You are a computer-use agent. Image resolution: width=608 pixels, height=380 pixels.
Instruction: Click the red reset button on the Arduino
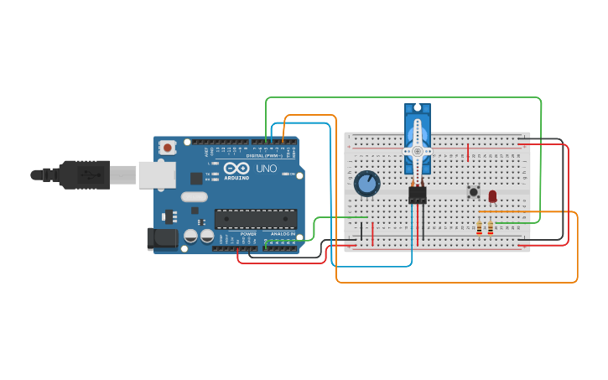point(168,148)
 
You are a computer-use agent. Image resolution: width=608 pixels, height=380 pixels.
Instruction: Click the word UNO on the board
point(266,169)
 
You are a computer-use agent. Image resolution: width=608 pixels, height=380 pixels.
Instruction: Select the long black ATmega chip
point(255,219)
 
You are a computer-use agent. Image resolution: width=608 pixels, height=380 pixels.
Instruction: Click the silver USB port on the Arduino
point(157,174)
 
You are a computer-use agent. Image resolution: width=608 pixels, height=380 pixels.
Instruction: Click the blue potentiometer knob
point(366,183)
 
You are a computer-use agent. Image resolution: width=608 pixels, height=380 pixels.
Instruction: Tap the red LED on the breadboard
point(492,195)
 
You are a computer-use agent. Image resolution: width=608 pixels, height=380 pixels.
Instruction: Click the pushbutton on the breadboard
point(473,192)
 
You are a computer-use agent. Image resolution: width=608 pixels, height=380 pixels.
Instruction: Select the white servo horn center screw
point(417,151)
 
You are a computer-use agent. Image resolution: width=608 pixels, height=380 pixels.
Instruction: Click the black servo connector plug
point(417,195)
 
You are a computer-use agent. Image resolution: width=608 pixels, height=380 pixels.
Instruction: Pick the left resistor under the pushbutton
point(479,227)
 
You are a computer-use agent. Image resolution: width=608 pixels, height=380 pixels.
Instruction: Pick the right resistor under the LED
point(491,227)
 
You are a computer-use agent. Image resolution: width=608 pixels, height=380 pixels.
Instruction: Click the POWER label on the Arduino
point(248,234)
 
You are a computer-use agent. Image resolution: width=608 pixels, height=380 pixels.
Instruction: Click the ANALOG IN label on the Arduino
point(283,234)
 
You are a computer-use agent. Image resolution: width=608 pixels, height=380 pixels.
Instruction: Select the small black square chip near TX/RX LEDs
point(196,178)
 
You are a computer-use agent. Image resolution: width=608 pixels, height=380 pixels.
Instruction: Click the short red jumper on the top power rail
point(468,153)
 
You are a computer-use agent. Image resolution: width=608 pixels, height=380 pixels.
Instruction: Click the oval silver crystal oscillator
point(194,197)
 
